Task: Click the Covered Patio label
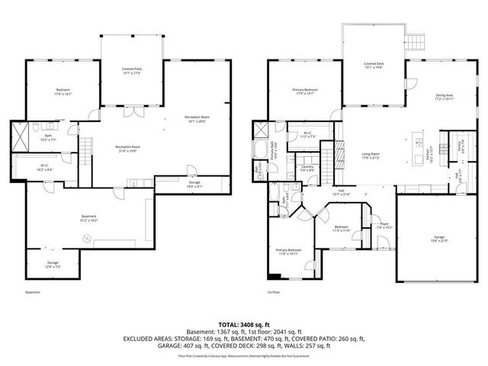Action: tap(133, 71)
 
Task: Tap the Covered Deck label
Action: tap(373, 66)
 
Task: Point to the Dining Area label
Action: tap(444, 96)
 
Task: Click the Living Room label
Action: tap(371, 156)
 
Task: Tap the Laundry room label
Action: tap(308, 168)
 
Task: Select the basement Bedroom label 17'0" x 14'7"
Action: tap(63, 91)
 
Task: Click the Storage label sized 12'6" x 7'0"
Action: tap(52, 264)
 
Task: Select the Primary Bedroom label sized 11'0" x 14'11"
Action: tap(289, 252)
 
